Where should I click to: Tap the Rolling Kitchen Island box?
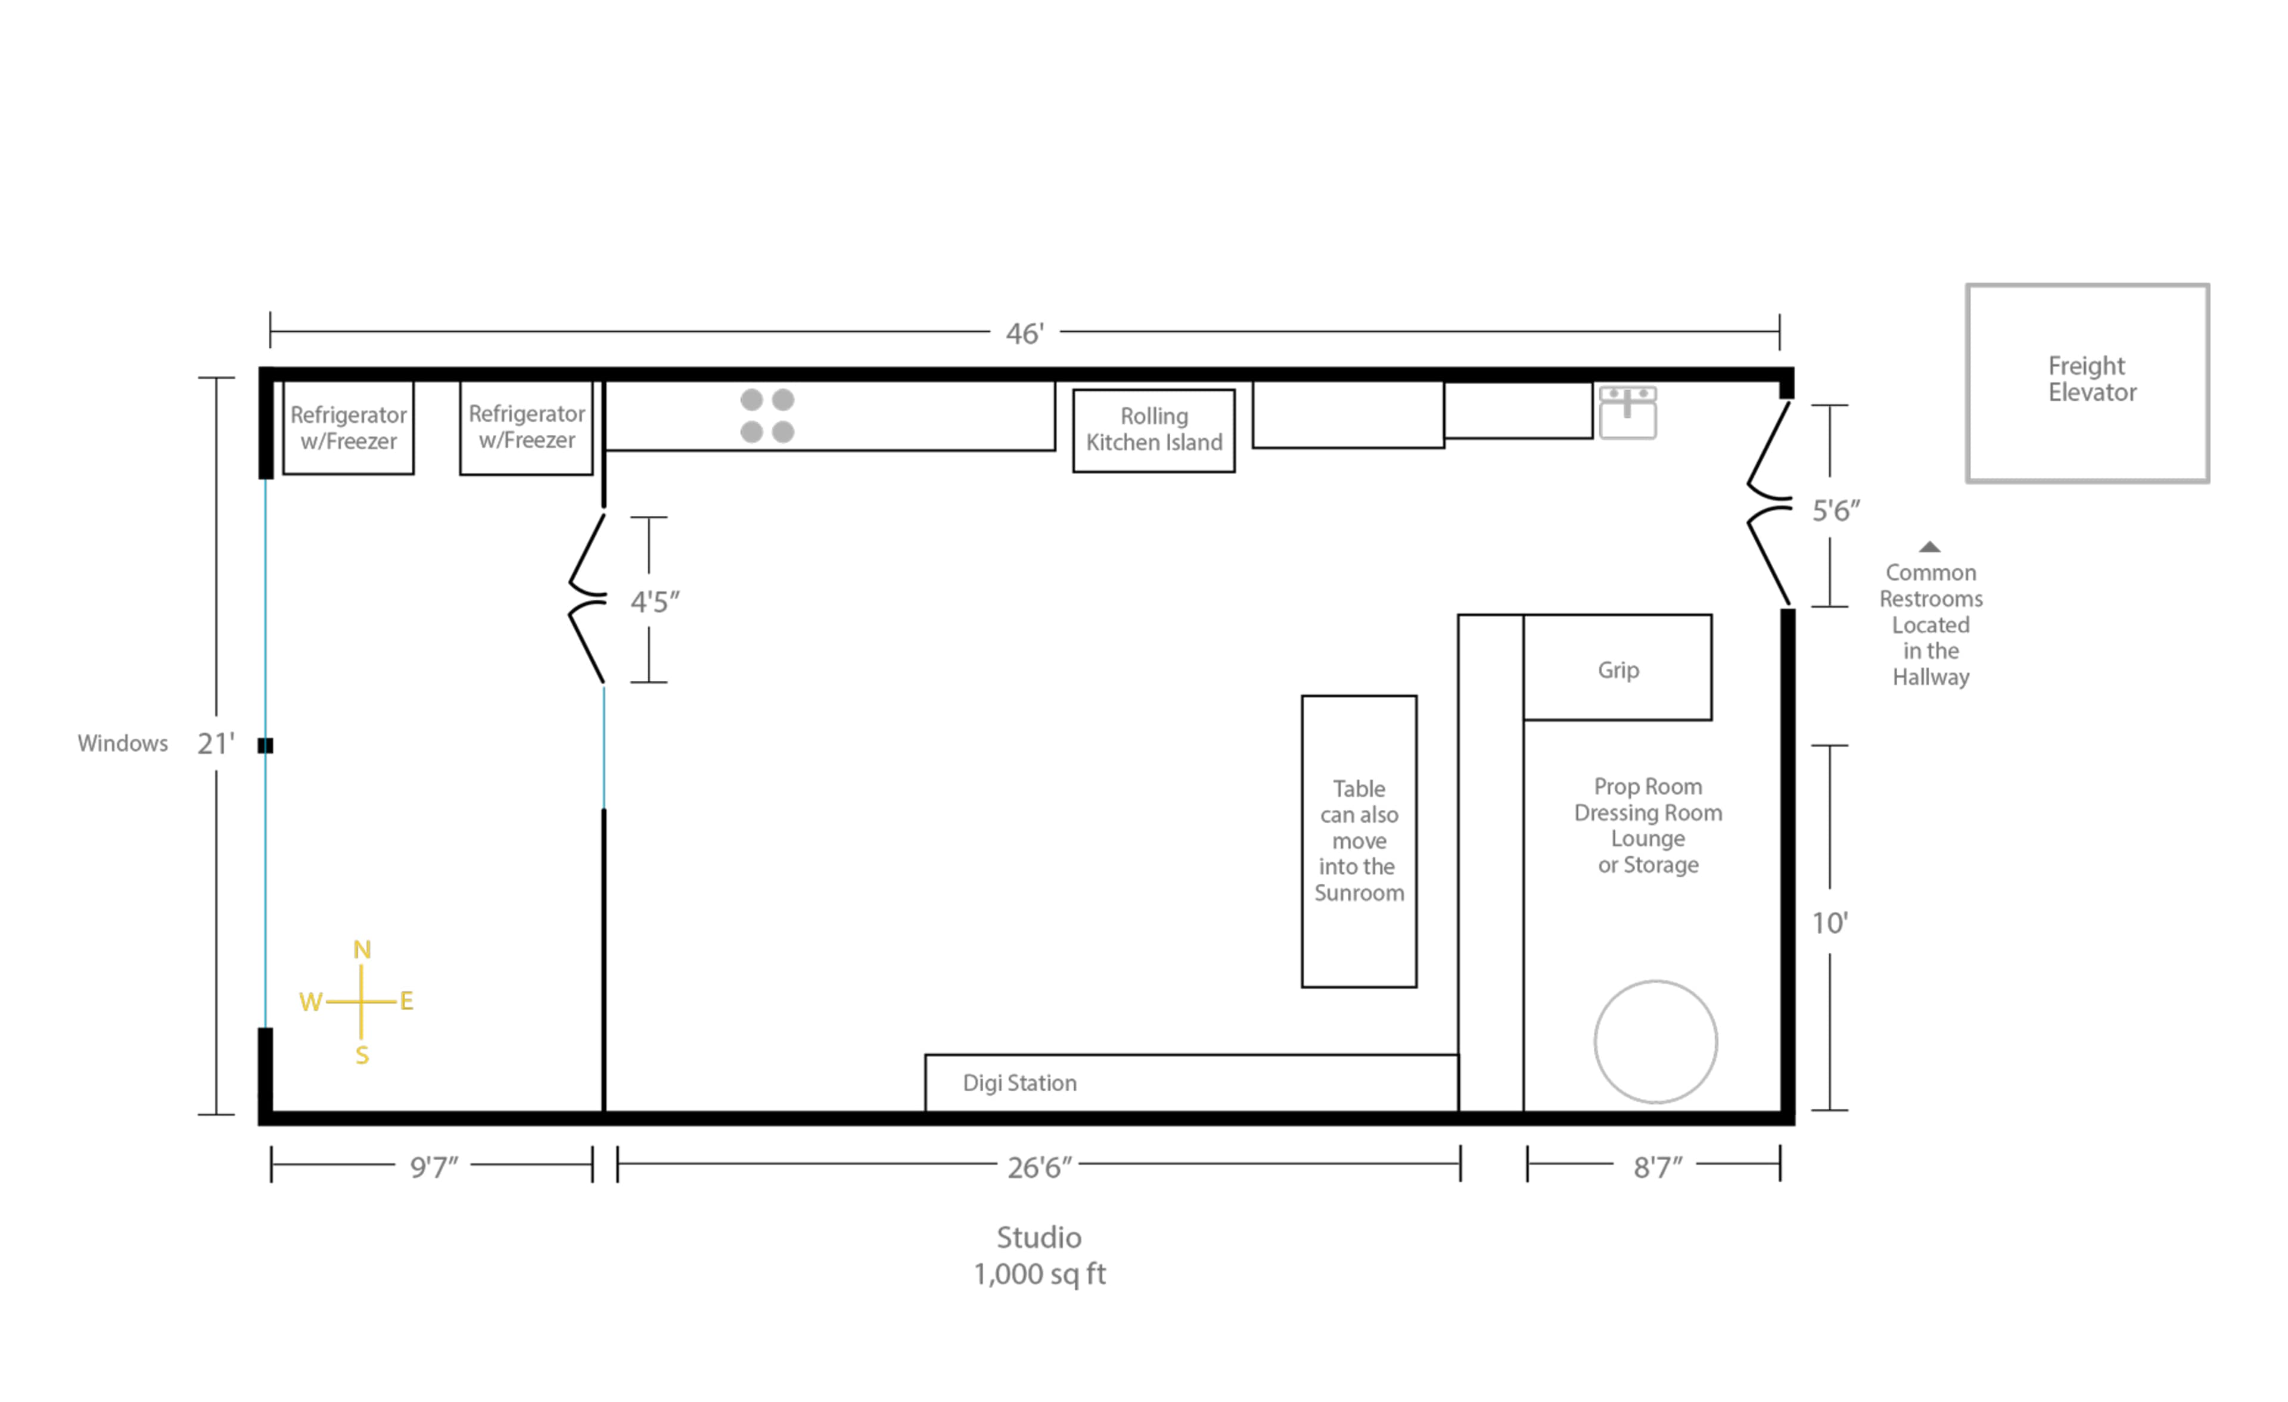tap(1154, 430)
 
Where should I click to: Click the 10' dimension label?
tap(1829, 923)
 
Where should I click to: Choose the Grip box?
tap(1618, 668)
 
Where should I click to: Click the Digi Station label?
tap(1019, 1083)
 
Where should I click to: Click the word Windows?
tap(123, 743)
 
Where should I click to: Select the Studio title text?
tap(1038, 1237)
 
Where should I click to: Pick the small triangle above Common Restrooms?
tap(1929, 547)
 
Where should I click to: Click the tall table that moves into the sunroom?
tap(1358, 841)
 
